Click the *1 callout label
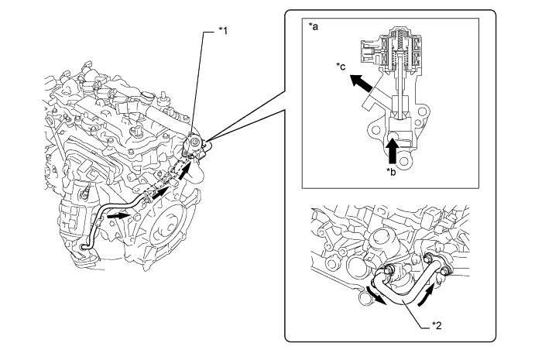pyautogui.click(x=223, y=31)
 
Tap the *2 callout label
pyautogui.click(x=437, y=325)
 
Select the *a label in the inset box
pyautogui.click(x=314, y=26)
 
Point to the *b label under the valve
pyautogui.click(x=391, y=172)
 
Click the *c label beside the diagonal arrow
pyautogui.click(x=341, y=66)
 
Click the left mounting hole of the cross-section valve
pyautogui.click(x=376, y=130)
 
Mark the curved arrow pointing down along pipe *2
pyautogui.click(x=376, y=296)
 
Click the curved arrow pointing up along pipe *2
pyautogui.click(x=427, y=296)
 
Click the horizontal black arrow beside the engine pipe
pyautogui.click(x=118, y=216)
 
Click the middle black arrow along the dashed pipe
pyautogui.click(x=159, y=193)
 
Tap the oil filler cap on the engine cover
pyautogui.click(x=146, y=95)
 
